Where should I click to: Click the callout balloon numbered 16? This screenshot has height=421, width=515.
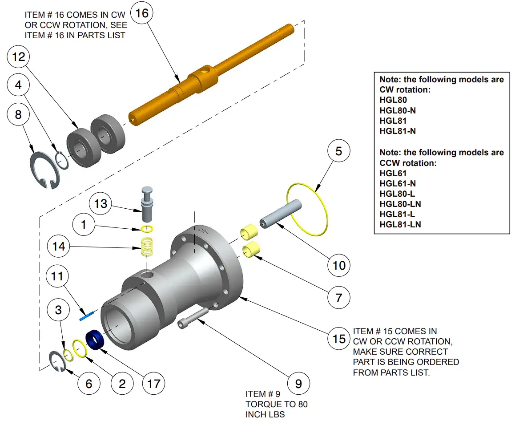click(x=141, y=14)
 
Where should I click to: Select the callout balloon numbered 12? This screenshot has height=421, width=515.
click(x=19, y=57)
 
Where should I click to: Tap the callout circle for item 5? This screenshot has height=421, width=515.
click(x=339, y=152)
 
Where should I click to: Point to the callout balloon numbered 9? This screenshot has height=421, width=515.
click(x=298, y=383)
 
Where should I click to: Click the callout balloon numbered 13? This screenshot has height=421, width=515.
click(x=101, y=203)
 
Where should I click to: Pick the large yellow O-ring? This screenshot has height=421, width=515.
click(x=308, y=209)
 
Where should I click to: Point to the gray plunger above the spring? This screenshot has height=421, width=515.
click(x=147, y=203)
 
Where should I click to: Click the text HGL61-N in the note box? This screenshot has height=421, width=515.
click(x=398, y=183)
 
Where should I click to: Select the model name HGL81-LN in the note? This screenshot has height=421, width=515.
click(x=400, y=224)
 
